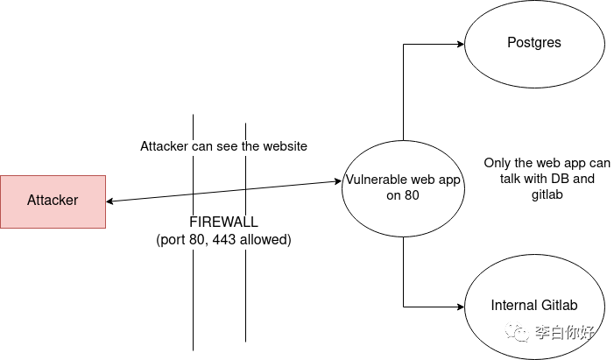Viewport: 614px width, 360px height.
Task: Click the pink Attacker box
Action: (x=53, y=201)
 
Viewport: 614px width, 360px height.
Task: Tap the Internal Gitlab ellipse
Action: (x=533, y=307)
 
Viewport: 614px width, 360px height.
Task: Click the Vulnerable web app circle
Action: (x=402, y=187)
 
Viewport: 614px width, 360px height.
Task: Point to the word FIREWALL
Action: (x=223, y=222)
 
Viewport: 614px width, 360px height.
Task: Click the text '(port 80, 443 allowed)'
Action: (x=223, y=239)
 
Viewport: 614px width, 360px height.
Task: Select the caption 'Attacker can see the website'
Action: (x=223, y=146)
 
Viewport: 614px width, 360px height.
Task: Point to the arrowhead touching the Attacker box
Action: (x=111, y=201)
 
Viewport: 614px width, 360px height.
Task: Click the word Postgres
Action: (x=533, y=43)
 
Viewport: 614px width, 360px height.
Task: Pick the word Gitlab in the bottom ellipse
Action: (x=560, y=306)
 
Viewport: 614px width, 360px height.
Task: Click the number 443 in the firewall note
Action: (x=223, y=239)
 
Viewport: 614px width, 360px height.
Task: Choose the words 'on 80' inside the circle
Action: (x=403, y=196)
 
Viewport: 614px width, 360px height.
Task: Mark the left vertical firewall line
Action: (x=193, y=289)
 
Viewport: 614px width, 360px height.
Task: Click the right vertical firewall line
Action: (x=246, y=289)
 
